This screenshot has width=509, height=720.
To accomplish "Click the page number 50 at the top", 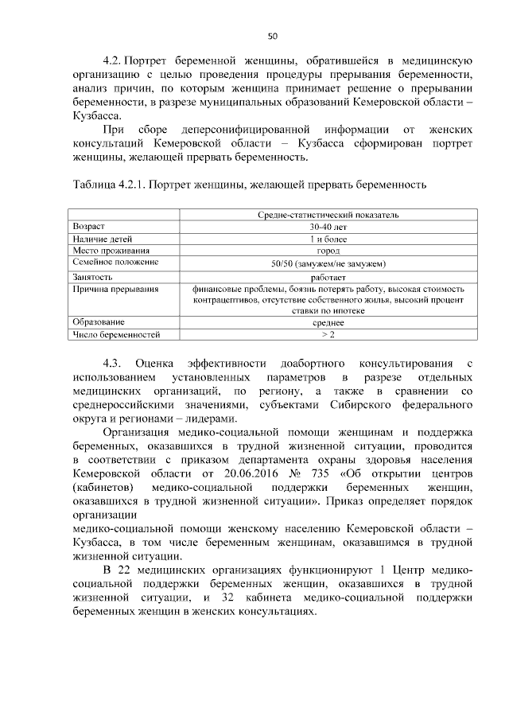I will pos(272,36).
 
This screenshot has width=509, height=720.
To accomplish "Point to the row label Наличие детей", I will pos(96,238).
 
